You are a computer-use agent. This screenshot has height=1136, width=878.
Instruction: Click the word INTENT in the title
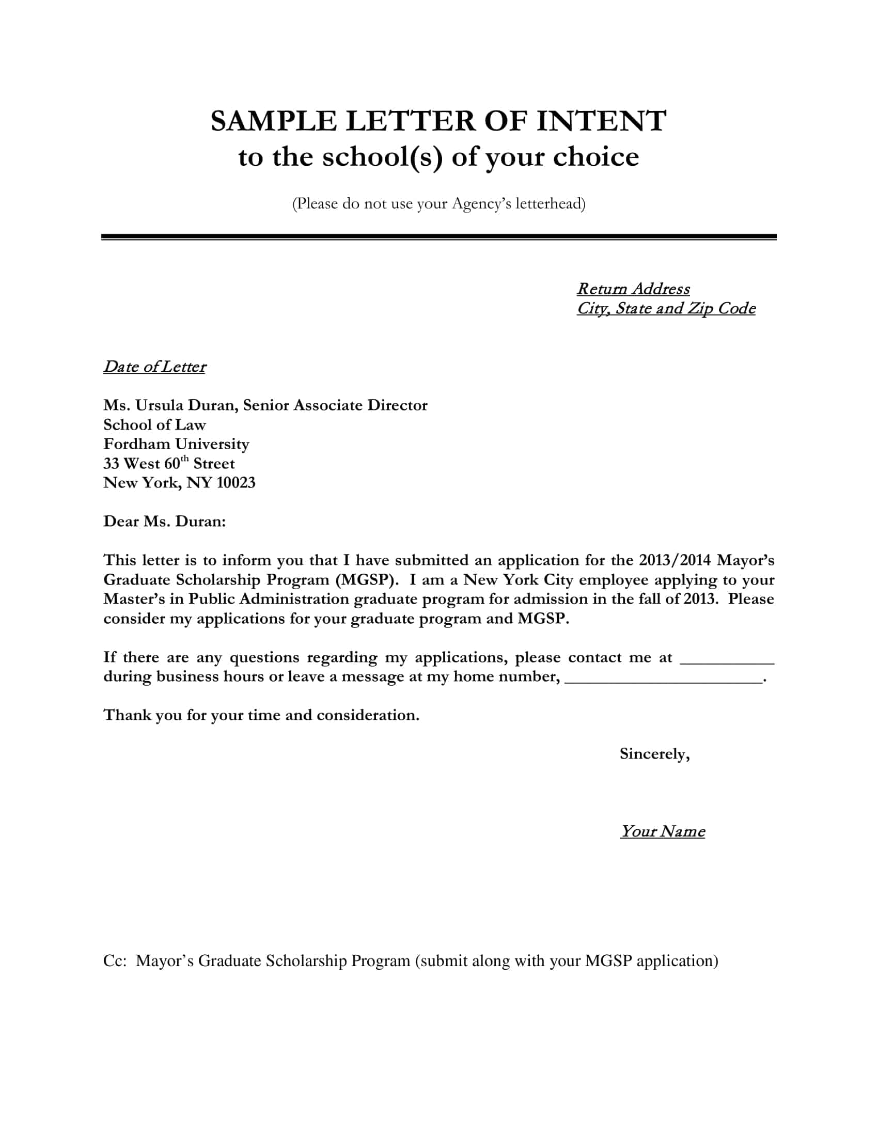click(x=601, y=121)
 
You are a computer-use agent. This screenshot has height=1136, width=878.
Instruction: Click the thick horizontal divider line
click(x=438, y=236)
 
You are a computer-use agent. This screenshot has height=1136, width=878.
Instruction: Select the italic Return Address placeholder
click(x=633, y=289)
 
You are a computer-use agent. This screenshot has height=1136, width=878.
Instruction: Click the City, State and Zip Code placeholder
click(x=666, y=308)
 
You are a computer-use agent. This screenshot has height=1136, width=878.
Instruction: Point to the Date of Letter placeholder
click(x=154, y=367)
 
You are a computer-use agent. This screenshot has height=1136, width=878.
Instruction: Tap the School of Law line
click(x=154, y=425)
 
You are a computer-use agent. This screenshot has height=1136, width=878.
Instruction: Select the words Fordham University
click(x=176, y=444)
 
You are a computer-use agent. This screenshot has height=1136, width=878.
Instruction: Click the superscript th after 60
click(x=185, y=459)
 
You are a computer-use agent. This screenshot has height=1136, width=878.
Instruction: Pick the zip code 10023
click(x=236, y=483)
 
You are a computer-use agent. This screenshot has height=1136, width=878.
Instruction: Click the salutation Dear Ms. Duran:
click(x=164, y=521)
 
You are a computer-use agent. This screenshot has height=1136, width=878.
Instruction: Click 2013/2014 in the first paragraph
click(x=674, y=560)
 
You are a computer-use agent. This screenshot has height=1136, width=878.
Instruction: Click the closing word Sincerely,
click(x=654, y=754)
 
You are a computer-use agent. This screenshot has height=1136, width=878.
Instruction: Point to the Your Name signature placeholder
click(x=662, y=831)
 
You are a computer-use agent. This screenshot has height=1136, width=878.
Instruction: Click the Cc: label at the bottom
click(x=115, y=961)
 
